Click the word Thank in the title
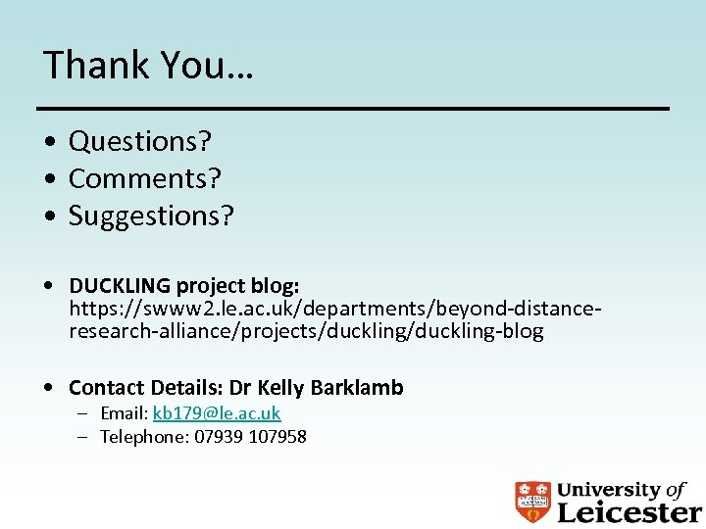pos(91,65)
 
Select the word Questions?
pos(139,142)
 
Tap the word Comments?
pos(144,179)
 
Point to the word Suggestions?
pos(151,216)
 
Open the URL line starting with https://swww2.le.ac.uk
pos(333,309)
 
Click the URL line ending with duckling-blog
pos(306,331)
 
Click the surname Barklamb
pos(357,388)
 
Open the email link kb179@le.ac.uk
pos(217,413)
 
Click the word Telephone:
pos(143,437)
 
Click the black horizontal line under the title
pos(353,107)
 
